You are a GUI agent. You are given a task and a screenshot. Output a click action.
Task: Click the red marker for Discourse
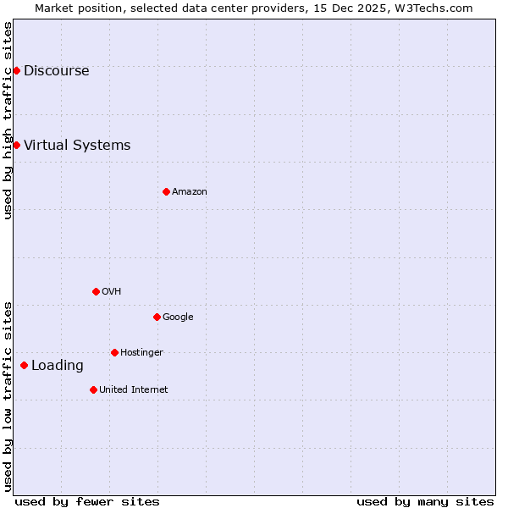(16, 70)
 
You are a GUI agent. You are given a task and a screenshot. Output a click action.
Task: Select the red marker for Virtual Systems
(16, 145)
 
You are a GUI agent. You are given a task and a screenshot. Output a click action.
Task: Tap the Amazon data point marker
(166, 191)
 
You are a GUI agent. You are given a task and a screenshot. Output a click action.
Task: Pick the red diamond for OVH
(96, 291)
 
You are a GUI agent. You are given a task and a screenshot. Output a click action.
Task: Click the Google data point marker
(157, 317)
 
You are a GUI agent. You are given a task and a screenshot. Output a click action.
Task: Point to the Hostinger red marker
(114, 352)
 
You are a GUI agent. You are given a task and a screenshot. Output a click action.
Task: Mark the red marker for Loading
(24, 365)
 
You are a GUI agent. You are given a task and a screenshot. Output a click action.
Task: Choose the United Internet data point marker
(93, 389)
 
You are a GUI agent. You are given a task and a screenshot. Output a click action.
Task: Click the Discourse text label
(56, 71)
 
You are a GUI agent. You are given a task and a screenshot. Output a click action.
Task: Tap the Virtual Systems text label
(77, 146)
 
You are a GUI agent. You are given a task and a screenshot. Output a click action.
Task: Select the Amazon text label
(190, 192)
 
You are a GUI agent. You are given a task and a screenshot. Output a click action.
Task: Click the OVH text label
(112, 292)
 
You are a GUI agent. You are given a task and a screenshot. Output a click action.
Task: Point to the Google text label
(178, 317)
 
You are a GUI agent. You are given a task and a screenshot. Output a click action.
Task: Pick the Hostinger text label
(141, 353)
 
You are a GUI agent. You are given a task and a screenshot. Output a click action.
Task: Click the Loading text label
(58, 366)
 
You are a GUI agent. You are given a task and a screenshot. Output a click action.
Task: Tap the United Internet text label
(134, 390)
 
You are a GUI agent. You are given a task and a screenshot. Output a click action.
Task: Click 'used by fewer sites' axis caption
(87, 501)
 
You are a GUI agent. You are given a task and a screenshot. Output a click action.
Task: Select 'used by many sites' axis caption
(425, 501)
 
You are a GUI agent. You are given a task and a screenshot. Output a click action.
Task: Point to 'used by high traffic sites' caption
(8, 120)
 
